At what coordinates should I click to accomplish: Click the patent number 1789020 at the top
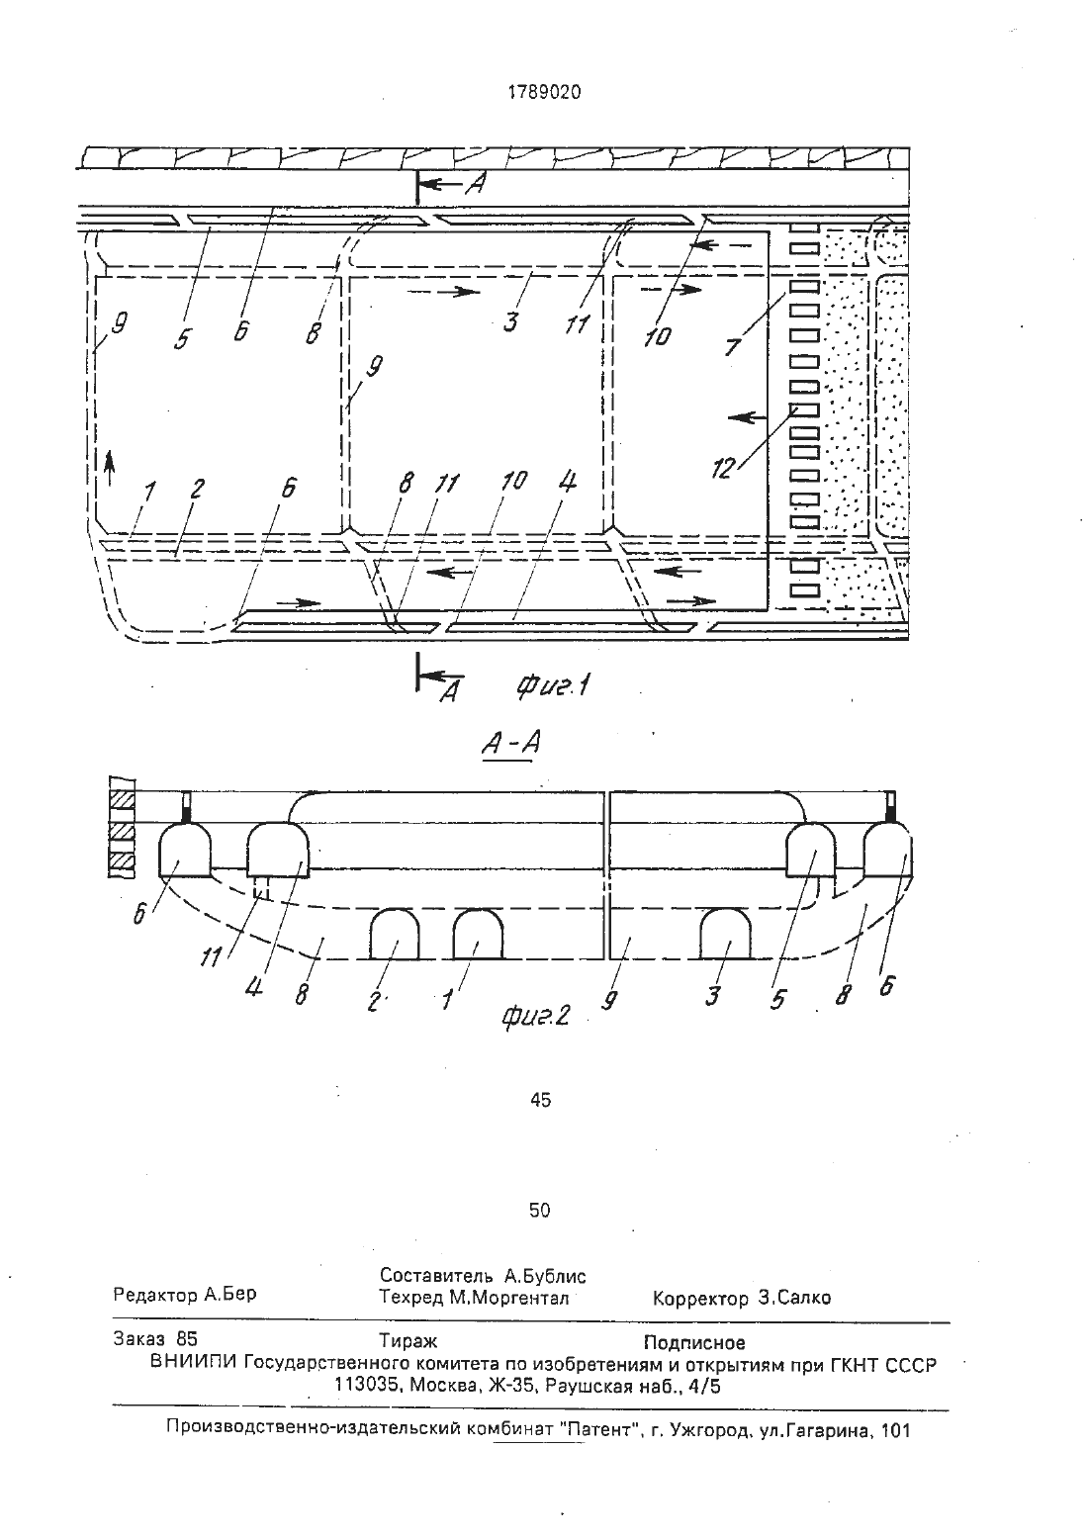(544, 92)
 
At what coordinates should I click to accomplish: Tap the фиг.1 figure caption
(554, 685)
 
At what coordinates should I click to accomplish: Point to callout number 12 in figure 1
(724, 469)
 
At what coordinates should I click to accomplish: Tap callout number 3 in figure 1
(509, 321)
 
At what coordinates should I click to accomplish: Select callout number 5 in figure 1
(183, 338)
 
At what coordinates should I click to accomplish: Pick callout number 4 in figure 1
(567, 481)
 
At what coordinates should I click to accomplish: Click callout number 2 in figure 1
(197, 489)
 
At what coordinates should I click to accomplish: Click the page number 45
(541, 1100)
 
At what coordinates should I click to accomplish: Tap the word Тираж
(408, 1340)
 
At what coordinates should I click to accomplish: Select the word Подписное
(694, 1342)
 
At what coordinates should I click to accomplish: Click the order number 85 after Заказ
(187, 1338)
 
